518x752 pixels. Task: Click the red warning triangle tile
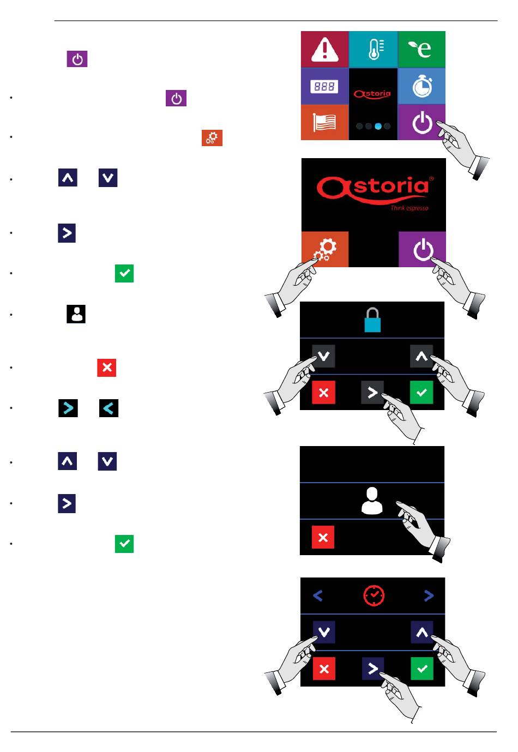click(324, 49)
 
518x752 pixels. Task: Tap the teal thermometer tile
click(374, 49)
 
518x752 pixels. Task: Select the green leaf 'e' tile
click(421, 49)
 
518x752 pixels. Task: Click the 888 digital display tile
click(324, 86)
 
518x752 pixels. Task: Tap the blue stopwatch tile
click(421, 86)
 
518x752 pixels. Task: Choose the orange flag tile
click(324, 122)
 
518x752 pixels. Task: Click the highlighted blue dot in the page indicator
click(378, 126)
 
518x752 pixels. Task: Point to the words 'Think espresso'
click(409, 208)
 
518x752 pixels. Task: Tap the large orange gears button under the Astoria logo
click(325, 249)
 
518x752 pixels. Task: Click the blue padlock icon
click(372, 320)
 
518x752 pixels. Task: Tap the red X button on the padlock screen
click(323, 393)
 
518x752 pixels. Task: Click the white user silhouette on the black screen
click(372, 501)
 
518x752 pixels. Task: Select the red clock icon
click(374, 595)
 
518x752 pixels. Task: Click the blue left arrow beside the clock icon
click(318, 595)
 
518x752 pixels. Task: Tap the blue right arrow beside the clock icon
click(429, 595)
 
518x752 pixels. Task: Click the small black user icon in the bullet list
click(76, 314)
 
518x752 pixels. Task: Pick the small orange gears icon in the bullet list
click(212, 137)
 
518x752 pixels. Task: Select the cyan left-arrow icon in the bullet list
click(109, 408)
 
